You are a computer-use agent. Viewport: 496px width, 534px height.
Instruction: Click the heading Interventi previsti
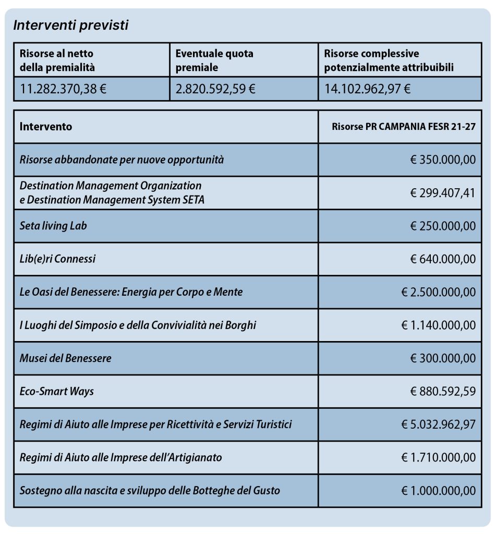tap(70, 26)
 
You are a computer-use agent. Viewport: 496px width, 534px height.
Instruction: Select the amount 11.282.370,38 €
tap(63, 89)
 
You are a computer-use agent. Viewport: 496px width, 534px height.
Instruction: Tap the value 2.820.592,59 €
tap(215, 89)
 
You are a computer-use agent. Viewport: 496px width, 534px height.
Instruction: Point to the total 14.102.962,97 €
tap(367, 89)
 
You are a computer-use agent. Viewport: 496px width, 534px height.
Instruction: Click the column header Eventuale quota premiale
tap(214, 60)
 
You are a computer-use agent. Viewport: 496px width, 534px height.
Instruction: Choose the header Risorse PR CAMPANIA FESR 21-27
tap(403, 127)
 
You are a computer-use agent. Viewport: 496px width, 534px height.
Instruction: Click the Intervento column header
tap(46, 127)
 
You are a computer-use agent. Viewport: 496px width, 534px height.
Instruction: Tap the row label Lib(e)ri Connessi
tap(57, 259)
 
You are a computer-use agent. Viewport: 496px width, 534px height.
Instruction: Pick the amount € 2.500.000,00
tap(438, 292)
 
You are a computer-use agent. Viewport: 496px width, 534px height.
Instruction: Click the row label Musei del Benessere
tap(65, 358)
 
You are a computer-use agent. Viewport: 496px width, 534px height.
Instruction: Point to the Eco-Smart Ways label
tap(57, 391)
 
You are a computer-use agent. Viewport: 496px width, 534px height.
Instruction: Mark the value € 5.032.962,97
tap(438, 424)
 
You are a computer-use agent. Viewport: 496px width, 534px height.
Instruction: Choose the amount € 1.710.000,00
tap(438, 457)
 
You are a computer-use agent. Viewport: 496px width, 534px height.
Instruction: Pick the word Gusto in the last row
tap(267, 491)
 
